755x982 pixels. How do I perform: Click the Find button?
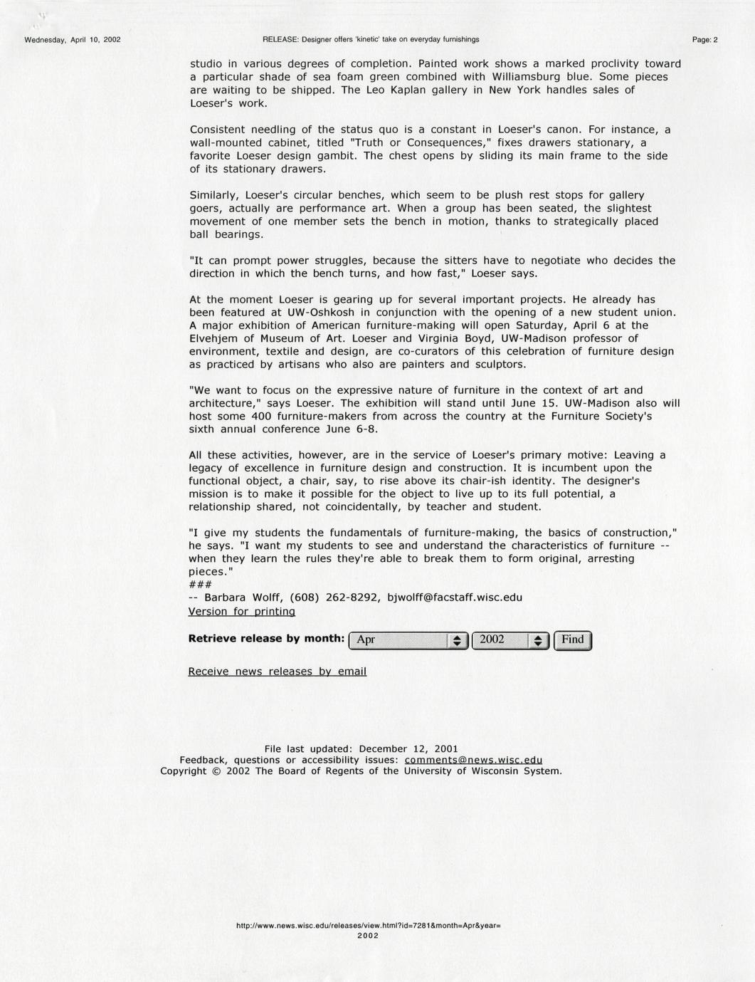tap(572, 639)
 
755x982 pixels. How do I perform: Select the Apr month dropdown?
tap(408, 640)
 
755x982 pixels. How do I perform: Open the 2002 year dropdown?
tap(510, 640)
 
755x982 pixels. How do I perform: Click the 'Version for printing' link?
tap(242, 611)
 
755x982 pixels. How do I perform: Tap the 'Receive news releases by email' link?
tap(278, 671)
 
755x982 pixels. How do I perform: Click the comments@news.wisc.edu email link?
tap(473, 760)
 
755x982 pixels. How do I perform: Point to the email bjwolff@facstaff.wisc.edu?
tap(455, 597)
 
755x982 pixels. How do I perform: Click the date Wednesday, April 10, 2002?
tap(73, 40)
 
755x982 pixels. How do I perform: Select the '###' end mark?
tap(200, 585)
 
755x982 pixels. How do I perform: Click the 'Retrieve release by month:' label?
tap(266, 638)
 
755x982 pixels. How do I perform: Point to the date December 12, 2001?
tap(408, 748)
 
